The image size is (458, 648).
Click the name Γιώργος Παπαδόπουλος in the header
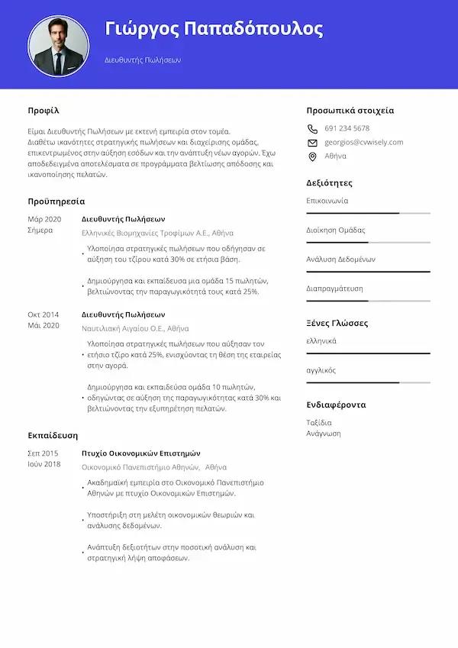pos(214,30)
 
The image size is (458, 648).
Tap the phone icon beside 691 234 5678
pos(312,129)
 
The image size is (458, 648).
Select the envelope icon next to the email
pos(312,143)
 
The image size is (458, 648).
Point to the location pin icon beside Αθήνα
pos(312,156)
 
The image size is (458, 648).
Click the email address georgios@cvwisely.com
pos(363,142)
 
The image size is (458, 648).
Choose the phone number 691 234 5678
pos(347,128)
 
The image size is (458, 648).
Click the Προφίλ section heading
pos(44,111)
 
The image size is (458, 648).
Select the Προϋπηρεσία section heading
pos(56,201)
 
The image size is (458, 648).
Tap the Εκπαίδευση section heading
pos(53,435)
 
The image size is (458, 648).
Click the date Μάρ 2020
pos(44,219)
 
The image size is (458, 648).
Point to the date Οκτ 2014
pos(44,314)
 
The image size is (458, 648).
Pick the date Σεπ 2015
pos(43,453)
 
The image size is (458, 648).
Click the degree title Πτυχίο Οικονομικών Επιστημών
pos(140,453)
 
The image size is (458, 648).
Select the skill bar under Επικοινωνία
pos(368,213)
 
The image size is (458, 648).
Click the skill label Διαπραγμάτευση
pos(334,289)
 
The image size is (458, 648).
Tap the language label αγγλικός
pos(321,370)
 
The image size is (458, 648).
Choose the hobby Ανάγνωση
pos(324,434)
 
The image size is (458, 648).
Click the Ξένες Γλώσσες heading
pos(337,323)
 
